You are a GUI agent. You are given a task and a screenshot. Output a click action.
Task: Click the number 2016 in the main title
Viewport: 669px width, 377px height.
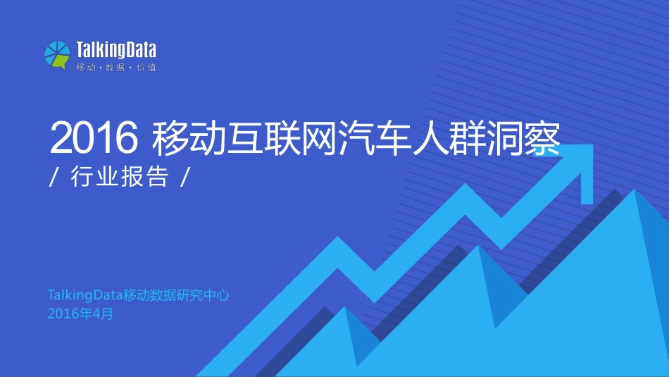click(92, 139)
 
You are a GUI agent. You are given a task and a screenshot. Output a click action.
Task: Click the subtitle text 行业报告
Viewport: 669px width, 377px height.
click(120, 178)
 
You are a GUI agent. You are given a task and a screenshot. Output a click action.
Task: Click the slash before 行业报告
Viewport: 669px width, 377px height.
click(54, 178)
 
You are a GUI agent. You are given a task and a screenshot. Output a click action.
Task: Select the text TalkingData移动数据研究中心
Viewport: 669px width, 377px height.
click(139, 296)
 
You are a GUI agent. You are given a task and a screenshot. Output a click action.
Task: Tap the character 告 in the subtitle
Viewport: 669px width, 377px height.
click(159, 178)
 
